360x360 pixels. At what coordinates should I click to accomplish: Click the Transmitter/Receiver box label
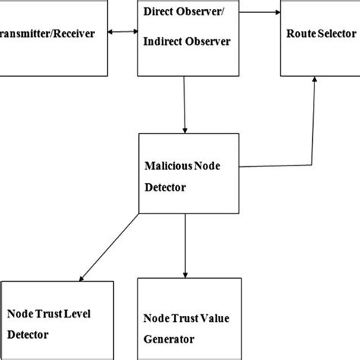click(x=47, y=35)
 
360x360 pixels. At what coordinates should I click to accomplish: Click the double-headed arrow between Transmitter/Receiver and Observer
click(x=122, y=33)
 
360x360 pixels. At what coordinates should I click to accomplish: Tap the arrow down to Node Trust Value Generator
click(x=185, y=244)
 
